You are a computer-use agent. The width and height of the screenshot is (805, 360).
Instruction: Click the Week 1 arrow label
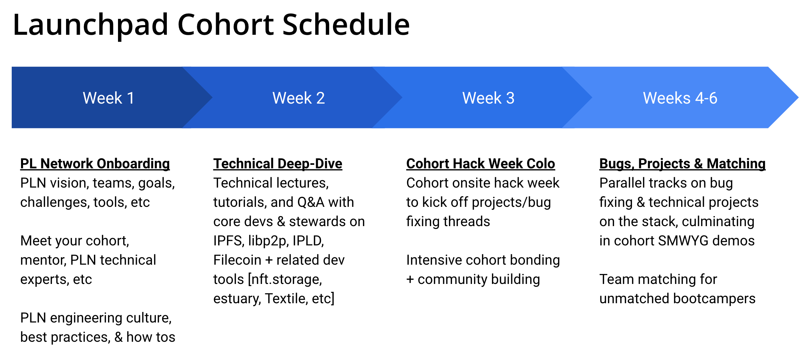[x=108, y=98]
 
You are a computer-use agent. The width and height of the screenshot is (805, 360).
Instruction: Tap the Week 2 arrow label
[x=299, y=98]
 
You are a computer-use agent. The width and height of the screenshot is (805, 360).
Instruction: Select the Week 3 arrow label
[x=488, y=98]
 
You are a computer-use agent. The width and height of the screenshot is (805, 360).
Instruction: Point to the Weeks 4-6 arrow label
[x=680, y=98]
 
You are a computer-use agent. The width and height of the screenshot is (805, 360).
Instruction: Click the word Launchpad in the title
[x=90, y=25]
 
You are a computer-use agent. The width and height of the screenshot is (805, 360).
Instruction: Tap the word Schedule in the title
[x=346, y=25]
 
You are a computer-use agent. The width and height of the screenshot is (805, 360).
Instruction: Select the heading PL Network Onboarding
[x=95, y=163]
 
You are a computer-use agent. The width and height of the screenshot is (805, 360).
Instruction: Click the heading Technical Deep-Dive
[x=278, y=163]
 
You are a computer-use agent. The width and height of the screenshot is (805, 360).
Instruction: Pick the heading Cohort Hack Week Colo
[x=481, y=163]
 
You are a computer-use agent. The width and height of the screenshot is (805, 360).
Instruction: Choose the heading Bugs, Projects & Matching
[x=682, y=163]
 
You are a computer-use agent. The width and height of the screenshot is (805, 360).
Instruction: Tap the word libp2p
[x=268, y=241]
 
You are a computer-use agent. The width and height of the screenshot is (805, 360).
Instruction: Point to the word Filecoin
[x=237, y=260]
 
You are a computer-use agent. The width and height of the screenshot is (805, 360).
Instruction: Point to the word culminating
[x=718, y=221]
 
